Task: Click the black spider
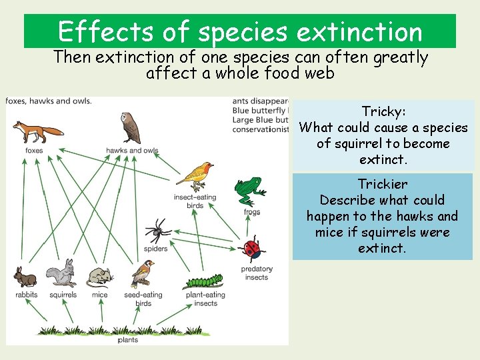click(158, 231)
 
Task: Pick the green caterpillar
click(204, 281)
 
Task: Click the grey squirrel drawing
click(61, 274)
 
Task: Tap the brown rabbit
click(25, 276)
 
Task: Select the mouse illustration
click(99, 276)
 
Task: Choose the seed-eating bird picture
click(142, 273)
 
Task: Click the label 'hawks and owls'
click(132, 151)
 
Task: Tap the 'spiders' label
click(156, 249)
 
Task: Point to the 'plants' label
click(128, 340)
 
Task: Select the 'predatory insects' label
click(256, 273)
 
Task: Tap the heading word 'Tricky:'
click(383, 111)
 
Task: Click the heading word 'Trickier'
click(383, 184)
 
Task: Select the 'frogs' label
click(252, 212)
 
